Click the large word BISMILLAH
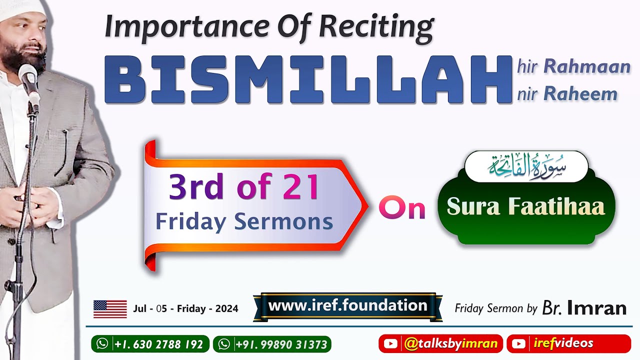[307, 80]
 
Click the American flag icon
[110, 309]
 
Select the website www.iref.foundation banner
[347, 306]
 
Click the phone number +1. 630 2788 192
[150, 344]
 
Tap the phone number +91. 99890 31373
[272, 344]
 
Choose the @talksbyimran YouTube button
[440, 343]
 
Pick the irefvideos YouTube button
[568, 343]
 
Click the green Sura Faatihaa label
[525, 207]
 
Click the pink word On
[401, 208]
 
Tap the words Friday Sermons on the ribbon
[244, 221]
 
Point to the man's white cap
[22, 10]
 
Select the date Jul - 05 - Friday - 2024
[185, 309]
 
